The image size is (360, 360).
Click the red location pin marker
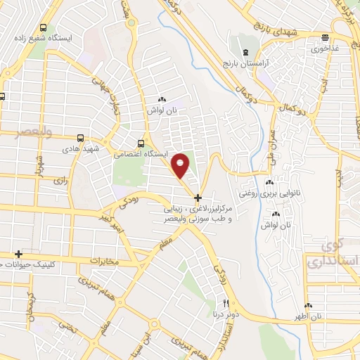tap(181, 166)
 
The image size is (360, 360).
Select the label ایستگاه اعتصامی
tap(125, 151)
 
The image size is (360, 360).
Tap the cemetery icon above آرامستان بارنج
tap(245, 53)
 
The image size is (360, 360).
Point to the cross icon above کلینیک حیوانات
tap(19, 253)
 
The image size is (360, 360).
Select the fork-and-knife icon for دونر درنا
tap(226, 304)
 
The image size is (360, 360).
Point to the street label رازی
tap(60, 181)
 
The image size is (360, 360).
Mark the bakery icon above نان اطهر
tap(309, 305)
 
